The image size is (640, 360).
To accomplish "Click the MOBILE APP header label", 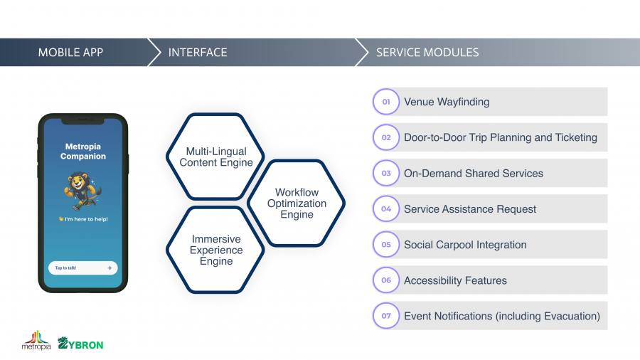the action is (x=70, y=52).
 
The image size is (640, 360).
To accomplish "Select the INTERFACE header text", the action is (x=198, y=52).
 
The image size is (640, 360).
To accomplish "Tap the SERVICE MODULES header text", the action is (x=427, y=52).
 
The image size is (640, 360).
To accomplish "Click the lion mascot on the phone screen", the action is (x=82, y=191).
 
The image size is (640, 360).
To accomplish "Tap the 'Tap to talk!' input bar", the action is (x=83, y=268).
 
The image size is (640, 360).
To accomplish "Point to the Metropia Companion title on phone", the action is (x=83, y=152).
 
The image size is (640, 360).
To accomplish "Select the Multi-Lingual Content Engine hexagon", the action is (x=215, y=157).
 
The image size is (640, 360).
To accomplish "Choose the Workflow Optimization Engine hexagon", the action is (x=297, y=203).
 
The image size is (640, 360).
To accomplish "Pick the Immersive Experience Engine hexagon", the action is (x=215, y=250).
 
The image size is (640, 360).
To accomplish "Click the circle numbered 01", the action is (x=386, y=102).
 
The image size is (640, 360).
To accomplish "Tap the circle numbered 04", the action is (x=386, y=208).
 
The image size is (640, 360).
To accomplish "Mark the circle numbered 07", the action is (x=386, y=315).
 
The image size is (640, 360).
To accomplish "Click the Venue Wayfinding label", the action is (x=447, y=102).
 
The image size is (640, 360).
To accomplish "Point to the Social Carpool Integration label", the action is (x=465, y=245).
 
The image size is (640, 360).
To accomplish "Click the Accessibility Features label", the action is (x=456, y=280).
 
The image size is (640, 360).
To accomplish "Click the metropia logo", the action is (x=36, y=340).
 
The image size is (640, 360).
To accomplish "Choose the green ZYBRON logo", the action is (x=80, y=344).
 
